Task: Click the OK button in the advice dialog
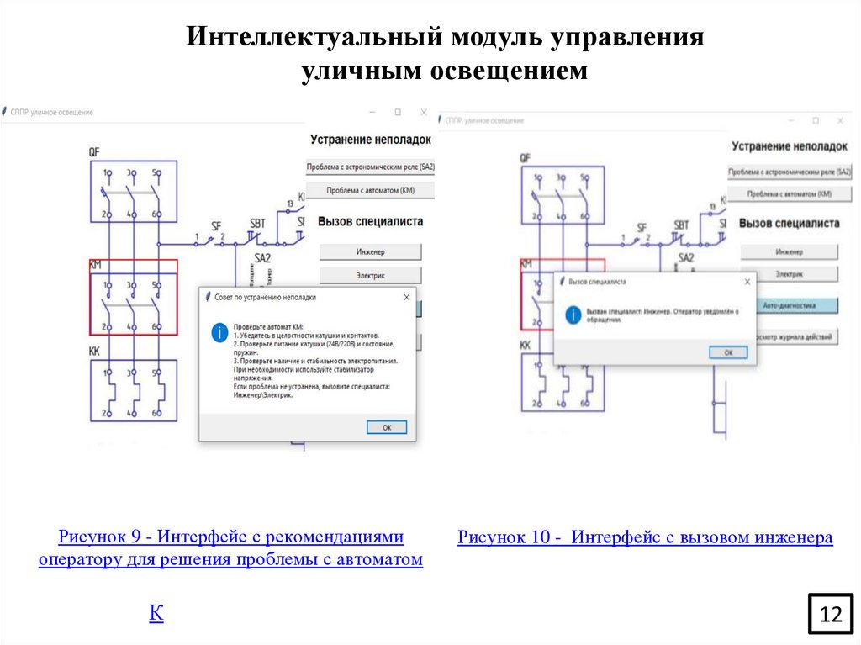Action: click(x=387, y=427)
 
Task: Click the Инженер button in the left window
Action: click(x=370, y=251)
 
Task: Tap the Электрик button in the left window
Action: click(x=370, y=275)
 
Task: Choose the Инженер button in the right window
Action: click(x=790, y=251)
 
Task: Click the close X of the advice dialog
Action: click(x=407, y=297)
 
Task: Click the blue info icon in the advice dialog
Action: click(x=219, y=333)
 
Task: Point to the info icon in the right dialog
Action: click(x=573, y=315)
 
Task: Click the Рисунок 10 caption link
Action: click(x=645, y=537)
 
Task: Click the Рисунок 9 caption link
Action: click(x=230, y=547)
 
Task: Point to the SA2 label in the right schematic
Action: click(x=686, y=258)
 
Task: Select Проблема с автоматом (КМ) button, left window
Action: click(x=370, y=191)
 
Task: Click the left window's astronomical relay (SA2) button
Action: click(x=370, y=167)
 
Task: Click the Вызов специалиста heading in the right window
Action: click(x=789, y=224)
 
